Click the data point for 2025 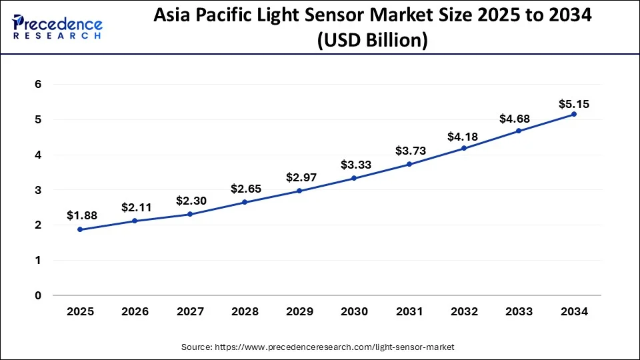click(x=80, y=229)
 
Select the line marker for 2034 click(x=574, y=114)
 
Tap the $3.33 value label click(x=355, y=165)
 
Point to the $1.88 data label click(x=80, y=215)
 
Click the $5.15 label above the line click(x=574, y=104)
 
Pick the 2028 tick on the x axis click(x=245, y=312)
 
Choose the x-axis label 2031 click(x=409, y=312)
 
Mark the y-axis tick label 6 click(x=39, y=85)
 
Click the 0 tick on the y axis click(x=39, y=295)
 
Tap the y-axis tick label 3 click(x=39, y=190)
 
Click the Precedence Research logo click(x=57, y=27)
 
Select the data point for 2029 click(x=299, y=191)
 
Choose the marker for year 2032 click(x=464, y=148)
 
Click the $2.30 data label click(x=190, y=200)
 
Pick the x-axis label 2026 click(x=135, y=312)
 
